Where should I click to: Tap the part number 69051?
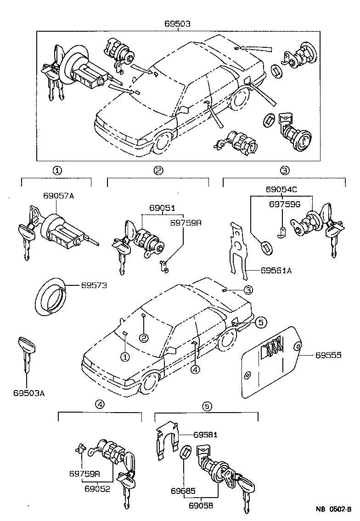[162, 207]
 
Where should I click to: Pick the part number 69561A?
[276, 271]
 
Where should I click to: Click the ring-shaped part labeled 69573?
[50, 296]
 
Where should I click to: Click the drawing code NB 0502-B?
[333, 509]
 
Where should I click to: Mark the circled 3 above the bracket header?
[285, 171]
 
